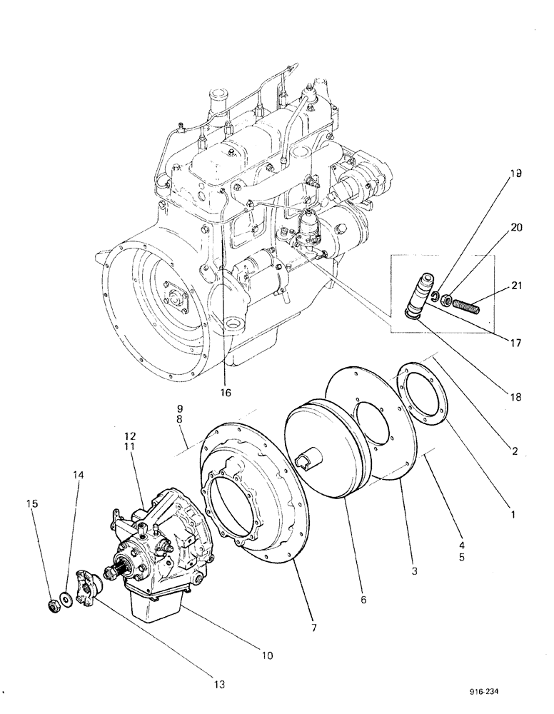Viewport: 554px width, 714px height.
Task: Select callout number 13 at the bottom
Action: tap(218, 683)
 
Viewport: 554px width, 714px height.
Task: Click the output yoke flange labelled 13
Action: tap(88, 585)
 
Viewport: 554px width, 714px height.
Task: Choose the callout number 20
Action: tap(516, 228)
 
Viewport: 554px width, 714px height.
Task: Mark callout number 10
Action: tap(266, 653)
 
